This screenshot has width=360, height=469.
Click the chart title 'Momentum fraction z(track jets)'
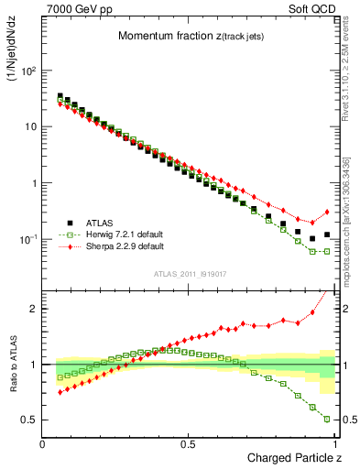190,36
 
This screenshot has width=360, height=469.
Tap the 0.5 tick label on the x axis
188,443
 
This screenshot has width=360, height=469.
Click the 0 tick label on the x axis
43,443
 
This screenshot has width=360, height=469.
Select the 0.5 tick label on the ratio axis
30,420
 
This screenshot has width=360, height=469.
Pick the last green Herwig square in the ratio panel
327,420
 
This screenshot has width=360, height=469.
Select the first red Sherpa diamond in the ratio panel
60,392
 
